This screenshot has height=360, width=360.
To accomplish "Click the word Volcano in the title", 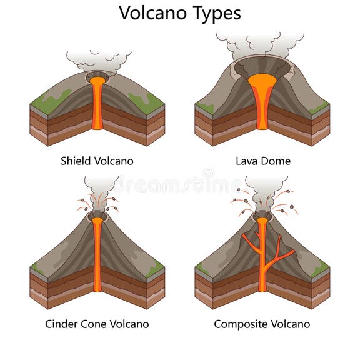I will click(153, 12).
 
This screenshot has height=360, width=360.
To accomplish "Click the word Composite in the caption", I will click(240, 324).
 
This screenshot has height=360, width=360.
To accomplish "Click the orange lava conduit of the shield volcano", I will click(97, 106).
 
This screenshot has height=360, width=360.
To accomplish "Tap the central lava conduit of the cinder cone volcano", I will click(97, 256).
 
